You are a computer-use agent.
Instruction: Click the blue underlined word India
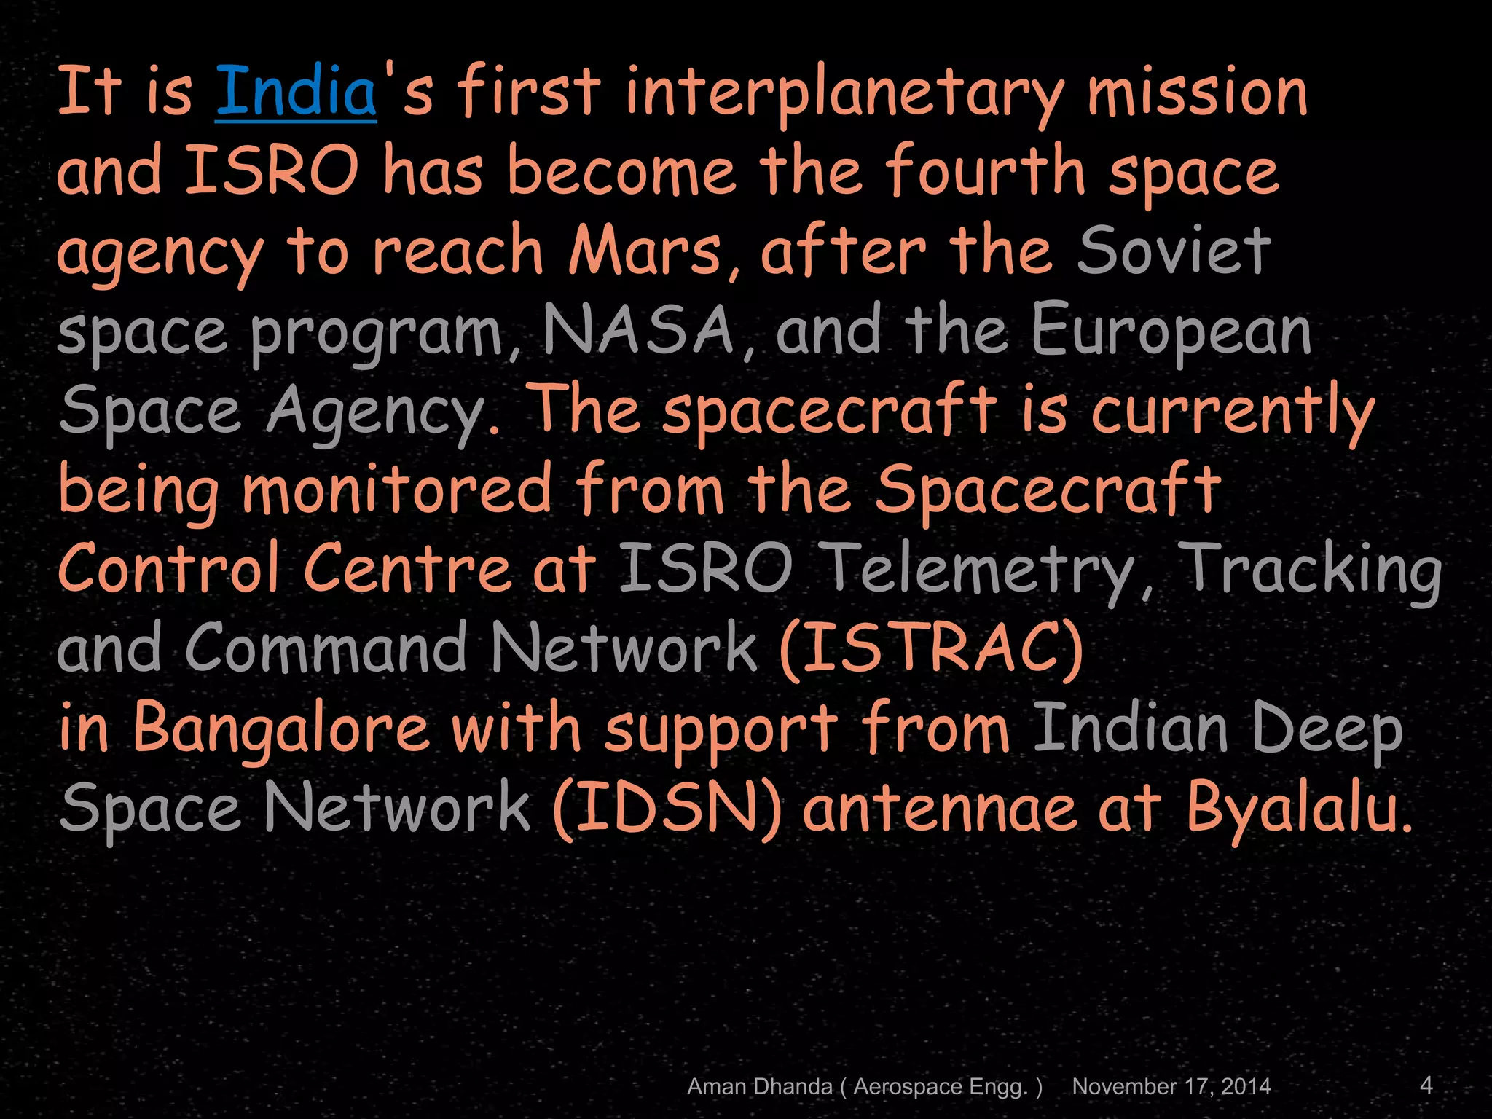click(x=296, y=93)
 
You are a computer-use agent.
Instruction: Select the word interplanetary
click(x=844, y=95)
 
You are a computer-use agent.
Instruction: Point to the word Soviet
click(x=1174, y=251)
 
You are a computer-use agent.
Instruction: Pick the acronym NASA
click(x=638, y=331)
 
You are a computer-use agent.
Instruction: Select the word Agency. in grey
click(x=382, y=412)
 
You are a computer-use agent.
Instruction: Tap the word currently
click(x=1233, y=412)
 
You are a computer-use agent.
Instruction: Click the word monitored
click(x=396, y=490)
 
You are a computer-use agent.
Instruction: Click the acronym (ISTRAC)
click(x=930, y=648)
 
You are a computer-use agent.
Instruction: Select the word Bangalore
click(x=280, y=729)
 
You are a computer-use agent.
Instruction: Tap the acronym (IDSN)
click(x=667, y=808)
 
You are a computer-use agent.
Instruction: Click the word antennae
click(x=940, y=809)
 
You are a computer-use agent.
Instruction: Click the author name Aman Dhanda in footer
click(x=759, y=1086)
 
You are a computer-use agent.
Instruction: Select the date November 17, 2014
click(x=1171, y=1086)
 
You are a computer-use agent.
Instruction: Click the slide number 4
click(x=1426, y=1085)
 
